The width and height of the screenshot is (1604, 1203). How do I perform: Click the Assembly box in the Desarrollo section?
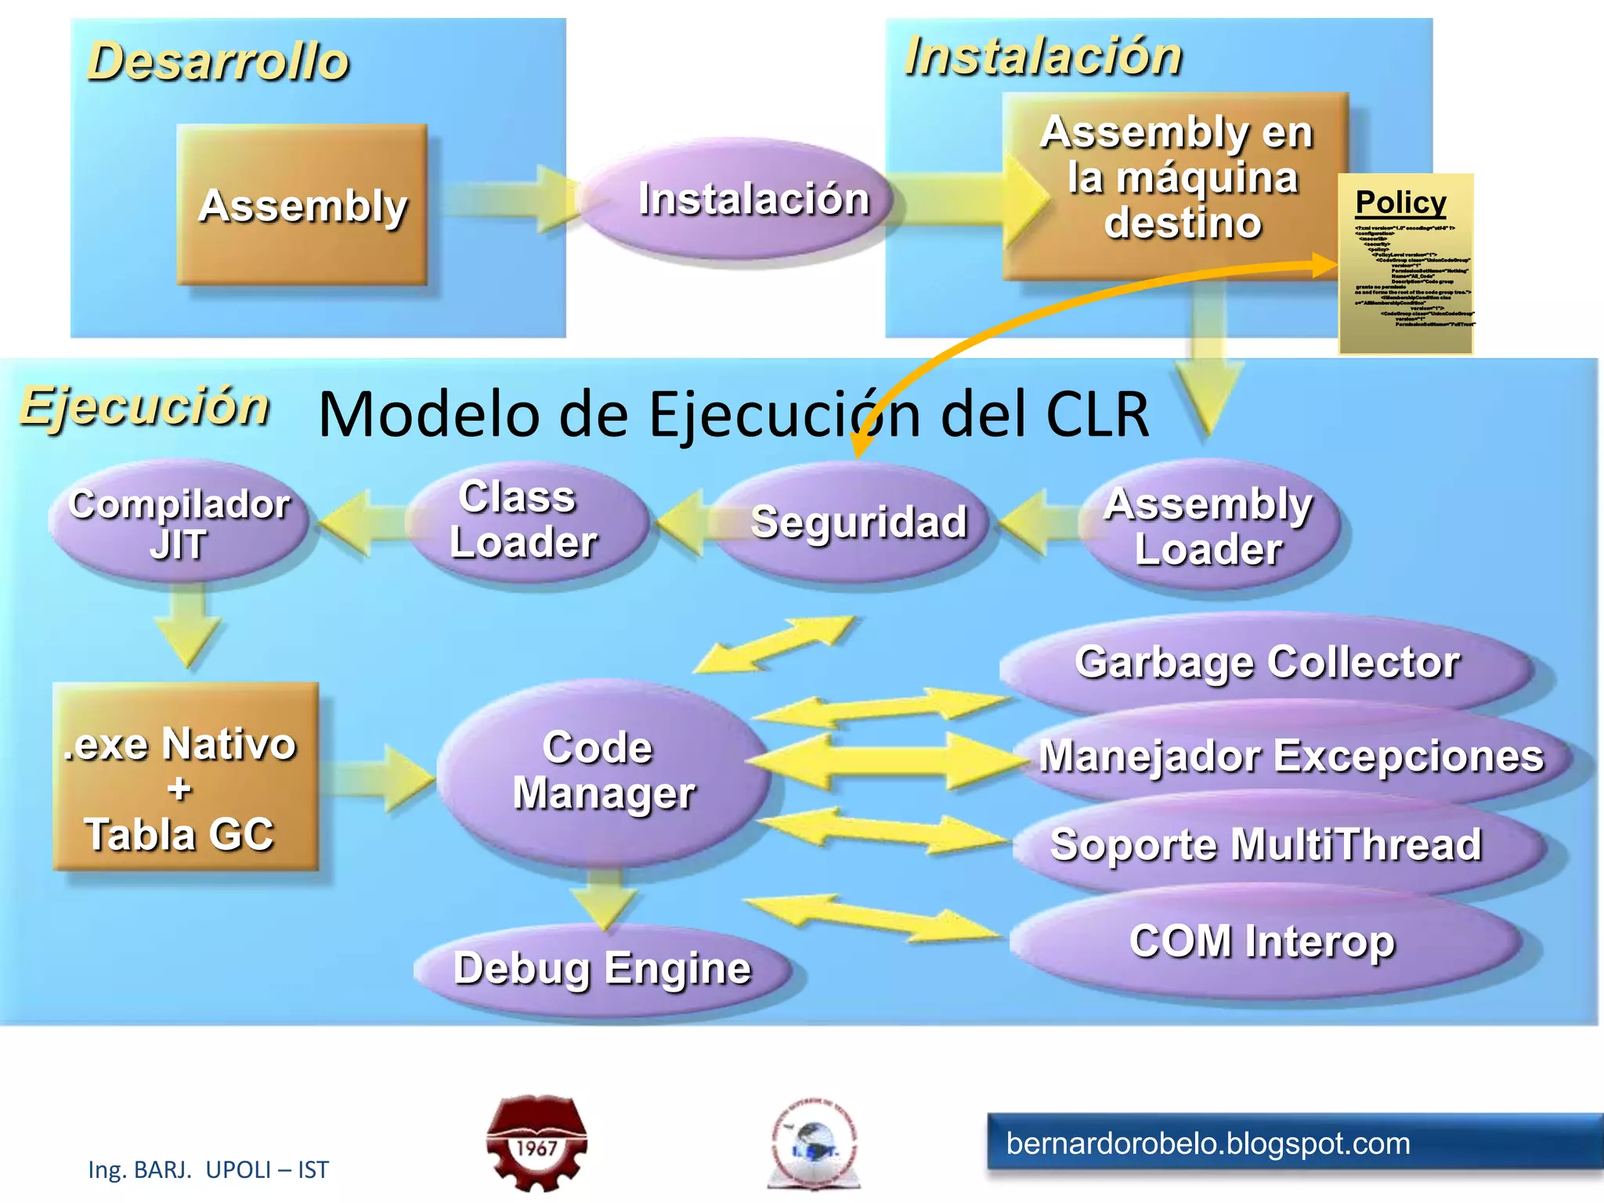tap(302, 205)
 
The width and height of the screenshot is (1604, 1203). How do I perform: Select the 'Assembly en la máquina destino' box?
tap(1175, 180)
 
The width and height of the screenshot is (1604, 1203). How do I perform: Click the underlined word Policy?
tap(1400, 203)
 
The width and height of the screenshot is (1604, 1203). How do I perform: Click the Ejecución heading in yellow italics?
tap(145, 406)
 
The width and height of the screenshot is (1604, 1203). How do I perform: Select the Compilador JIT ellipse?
tap(179, 522)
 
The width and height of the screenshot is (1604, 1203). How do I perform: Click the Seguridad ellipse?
tap(858, 522)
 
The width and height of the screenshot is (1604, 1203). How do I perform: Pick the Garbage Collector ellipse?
tap(1266, 663)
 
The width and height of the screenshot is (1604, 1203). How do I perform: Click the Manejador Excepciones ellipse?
tap(1291, 756)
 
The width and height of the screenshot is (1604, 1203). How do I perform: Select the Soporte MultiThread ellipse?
tap(1266, 845)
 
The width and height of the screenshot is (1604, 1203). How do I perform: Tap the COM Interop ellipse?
tap(1262, 941)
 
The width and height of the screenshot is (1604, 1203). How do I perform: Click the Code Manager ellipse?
tap(603, 771)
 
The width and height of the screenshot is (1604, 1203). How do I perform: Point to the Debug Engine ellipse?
tap(601, 969)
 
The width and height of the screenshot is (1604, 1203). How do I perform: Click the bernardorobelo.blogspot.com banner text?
tap(1208, 1143)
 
